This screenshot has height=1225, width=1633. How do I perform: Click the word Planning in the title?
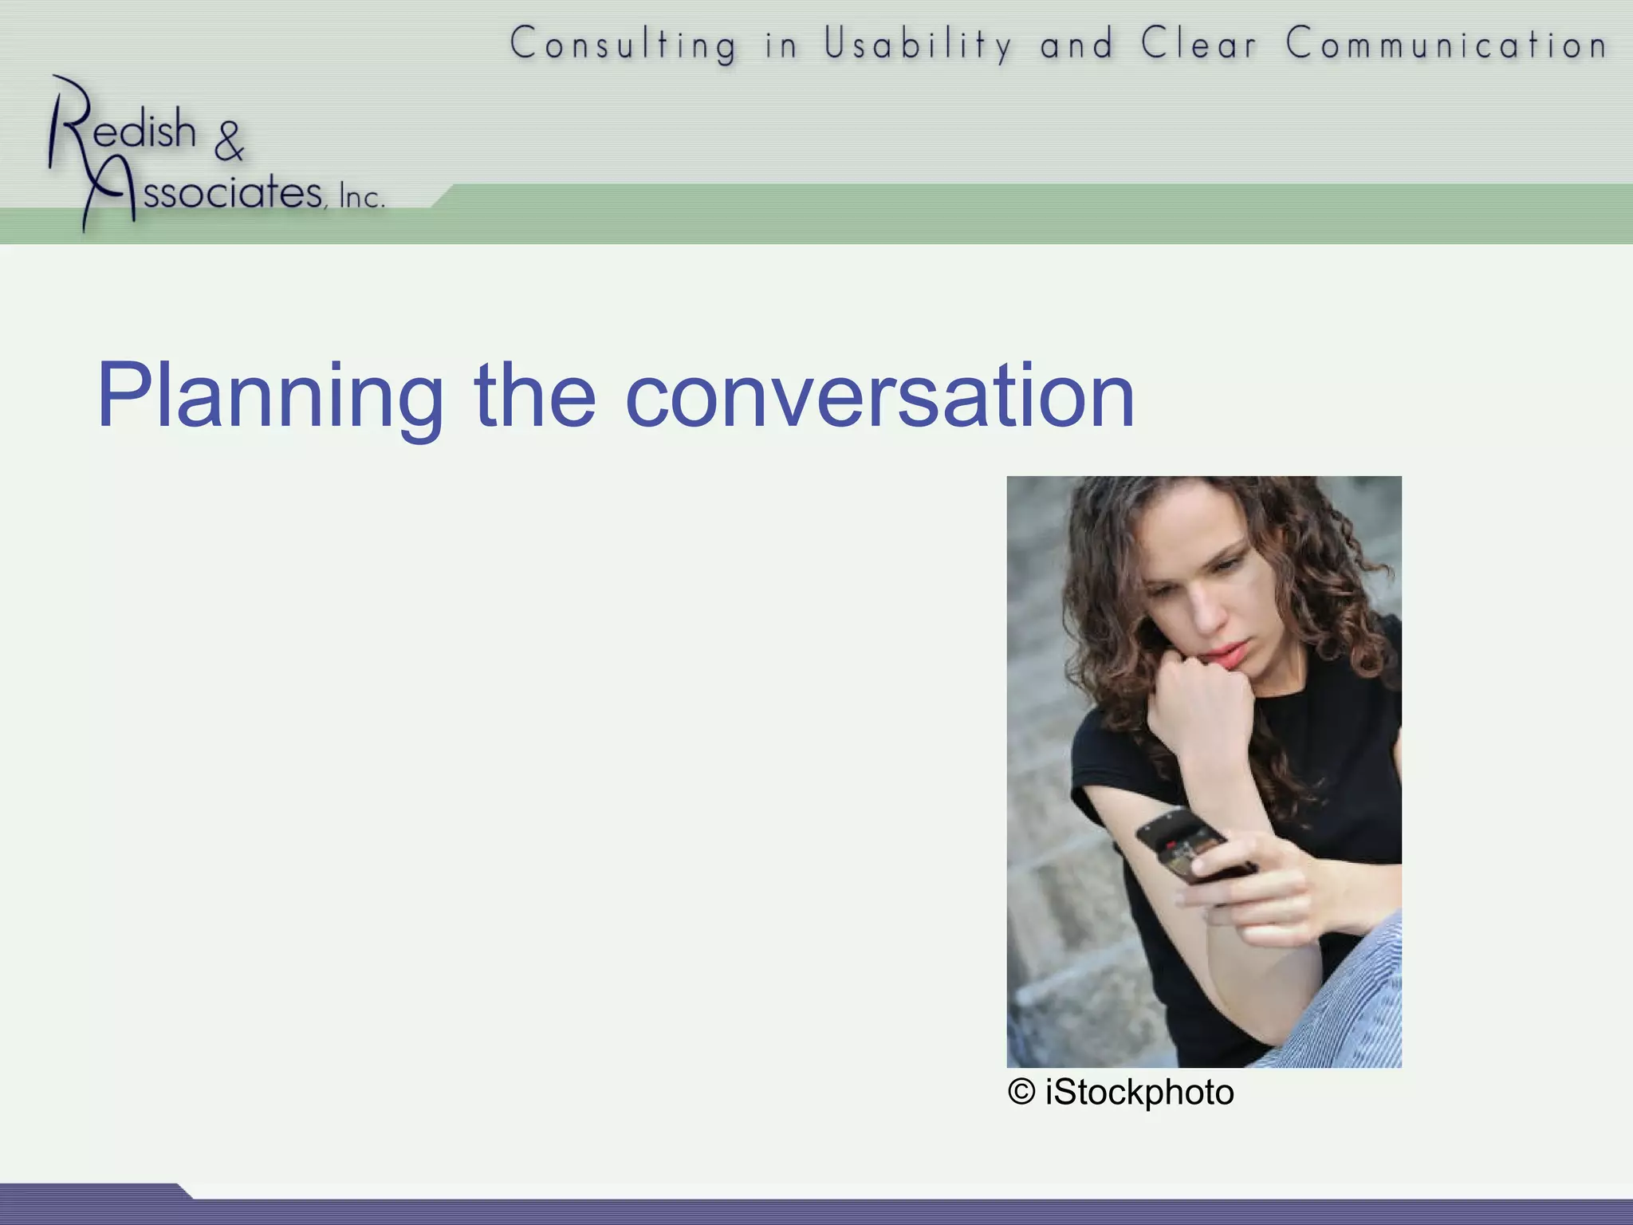pos(270,396)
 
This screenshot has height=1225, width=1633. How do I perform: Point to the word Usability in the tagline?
pos(918,44)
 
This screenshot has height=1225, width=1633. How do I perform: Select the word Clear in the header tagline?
pos(1198,44)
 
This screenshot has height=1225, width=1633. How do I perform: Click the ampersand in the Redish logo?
pos(229,141)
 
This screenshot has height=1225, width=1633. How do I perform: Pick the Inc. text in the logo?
pos(361,196)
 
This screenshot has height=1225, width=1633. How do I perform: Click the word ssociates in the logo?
pos(231,192)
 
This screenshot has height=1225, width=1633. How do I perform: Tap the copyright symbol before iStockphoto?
pos(1021,1092)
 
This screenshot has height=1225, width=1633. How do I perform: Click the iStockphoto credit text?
pos(1139,1092)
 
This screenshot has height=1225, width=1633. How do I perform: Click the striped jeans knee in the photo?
pos(1356,997)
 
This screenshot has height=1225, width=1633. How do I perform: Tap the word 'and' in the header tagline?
pos(1076,44)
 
